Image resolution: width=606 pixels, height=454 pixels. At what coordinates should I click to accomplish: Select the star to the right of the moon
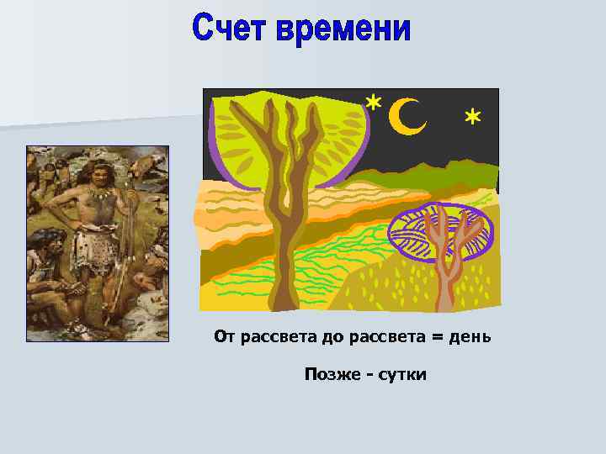point(473,117)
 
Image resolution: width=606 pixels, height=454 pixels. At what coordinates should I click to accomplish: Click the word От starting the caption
point(225,337)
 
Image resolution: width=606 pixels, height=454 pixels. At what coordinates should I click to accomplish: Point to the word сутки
point(401,374)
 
